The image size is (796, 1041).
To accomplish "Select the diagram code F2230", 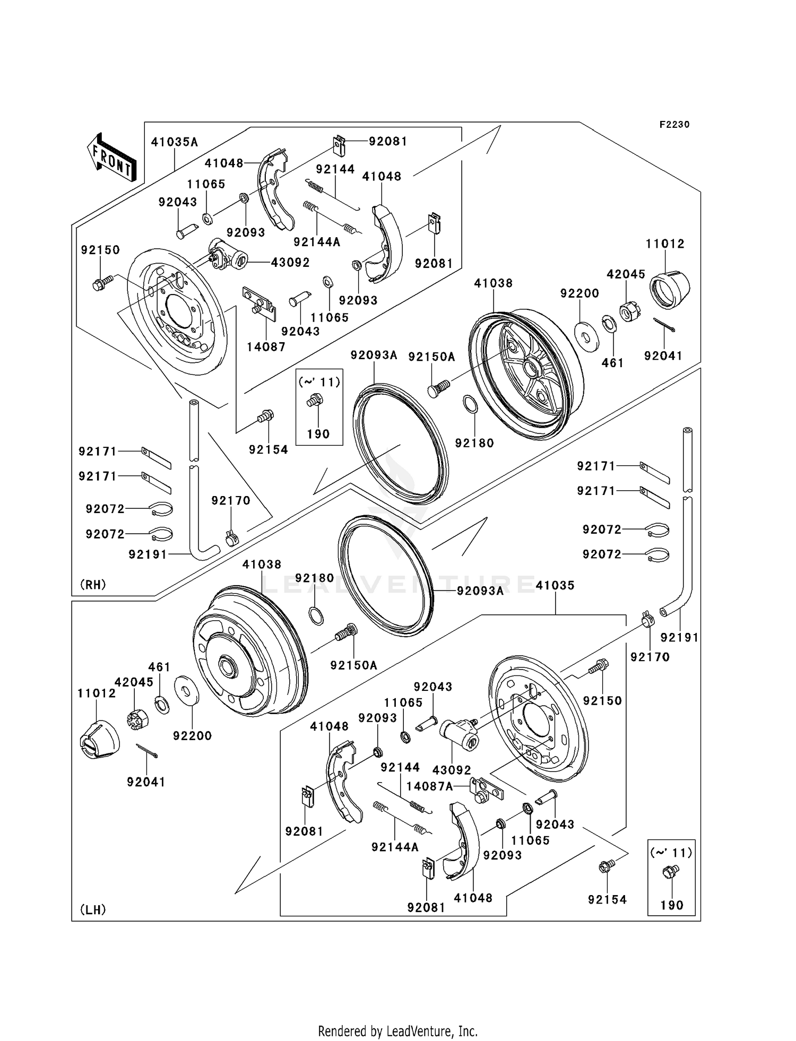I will click(674, 125).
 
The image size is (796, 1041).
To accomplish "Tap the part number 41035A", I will click(175, 142).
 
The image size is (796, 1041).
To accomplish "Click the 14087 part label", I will click(266, 347).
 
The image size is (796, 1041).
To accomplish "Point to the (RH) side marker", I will click(93, 585).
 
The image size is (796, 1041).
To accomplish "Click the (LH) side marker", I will click(93, 910).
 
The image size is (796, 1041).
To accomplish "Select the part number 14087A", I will click(430, 786).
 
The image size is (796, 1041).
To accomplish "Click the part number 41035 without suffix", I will click(555, 585).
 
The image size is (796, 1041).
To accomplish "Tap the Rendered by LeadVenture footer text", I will click(397, 1031).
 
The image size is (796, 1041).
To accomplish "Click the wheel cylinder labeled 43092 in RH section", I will click(227, 255).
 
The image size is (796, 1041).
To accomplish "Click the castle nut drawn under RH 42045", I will click(628, 312).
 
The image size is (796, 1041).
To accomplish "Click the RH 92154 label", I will click(269, 450).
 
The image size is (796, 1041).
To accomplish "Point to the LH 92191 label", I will click(680, 638).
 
